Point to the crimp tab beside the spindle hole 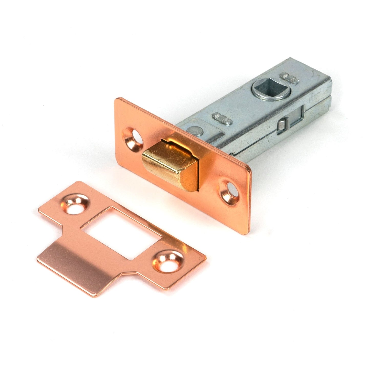tap(290, 78)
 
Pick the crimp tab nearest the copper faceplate tap(222, 119)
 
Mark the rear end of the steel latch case tap(323, 95)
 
